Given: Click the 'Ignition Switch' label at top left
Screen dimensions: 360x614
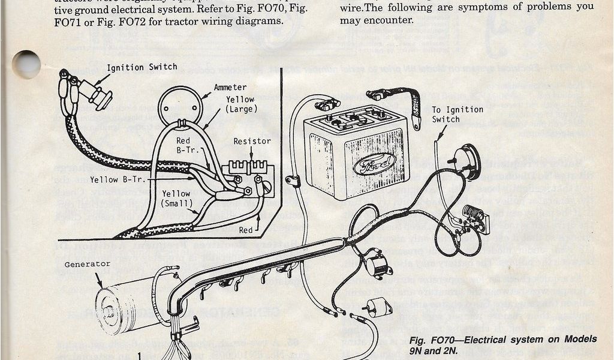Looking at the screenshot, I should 142,67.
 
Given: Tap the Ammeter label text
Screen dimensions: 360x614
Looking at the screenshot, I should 230,88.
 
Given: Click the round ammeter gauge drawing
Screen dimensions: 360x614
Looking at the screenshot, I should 180,106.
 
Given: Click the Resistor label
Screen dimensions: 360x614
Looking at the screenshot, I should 252,142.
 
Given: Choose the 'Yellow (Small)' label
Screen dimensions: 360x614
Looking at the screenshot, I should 176,199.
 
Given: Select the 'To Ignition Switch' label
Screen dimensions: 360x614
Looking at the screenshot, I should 458,114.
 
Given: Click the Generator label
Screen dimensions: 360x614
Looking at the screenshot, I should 88,264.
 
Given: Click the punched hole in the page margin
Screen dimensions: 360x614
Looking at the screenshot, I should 26,64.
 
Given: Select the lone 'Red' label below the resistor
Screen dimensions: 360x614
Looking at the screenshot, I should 246,230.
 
